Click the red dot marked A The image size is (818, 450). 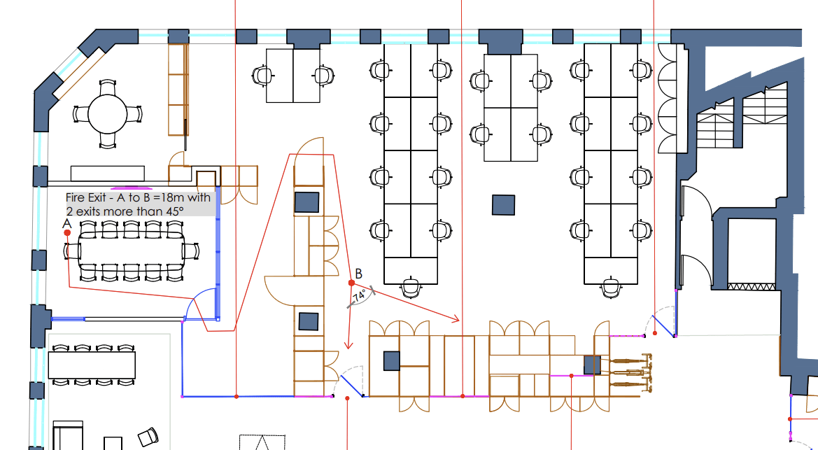(x=67, y=232)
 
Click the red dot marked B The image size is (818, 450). (x=351, y=283)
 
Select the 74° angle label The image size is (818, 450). (x=360, y=297)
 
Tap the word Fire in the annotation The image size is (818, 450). (x=76, y=197)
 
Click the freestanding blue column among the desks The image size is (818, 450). (x=503, y=204)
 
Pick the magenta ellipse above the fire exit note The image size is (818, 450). (x=131, y=188)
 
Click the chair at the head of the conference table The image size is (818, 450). (x=192, y=251)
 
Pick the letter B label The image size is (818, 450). (x=358, y=273)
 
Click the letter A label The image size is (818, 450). (x=67, y=223)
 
